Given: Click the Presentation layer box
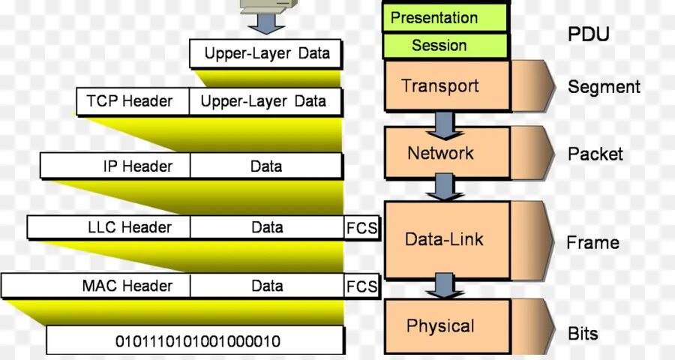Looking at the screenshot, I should pos(445,17).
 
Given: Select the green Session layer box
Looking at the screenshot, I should pos(445,46).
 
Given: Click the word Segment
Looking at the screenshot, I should pos(604,87).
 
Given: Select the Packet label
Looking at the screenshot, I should pos(595,154).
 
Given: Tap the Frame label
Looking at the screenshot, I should pos(592,243).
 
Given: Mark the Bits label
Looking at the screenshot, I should pos(583,333).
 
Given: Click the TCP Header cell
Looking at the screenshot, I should pos(130,101).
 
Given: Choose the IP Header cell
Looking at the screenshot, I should pos(115,166).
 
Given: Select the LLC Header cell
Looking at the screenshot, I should pos(109,227).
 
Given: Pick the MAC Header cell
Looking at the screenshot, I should pos(96,286).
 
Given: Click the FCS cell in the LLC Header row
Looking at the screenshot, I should pos(361,227).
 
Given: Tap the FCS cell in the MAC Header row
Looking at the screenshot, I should pos(361,286).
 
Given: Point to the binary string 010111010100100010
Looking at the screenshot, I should pos(197,341).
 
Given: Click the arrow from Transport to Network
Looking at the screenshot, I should pos(444,123).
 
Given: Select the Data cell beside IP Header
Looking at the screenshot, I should pos(266,166).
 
